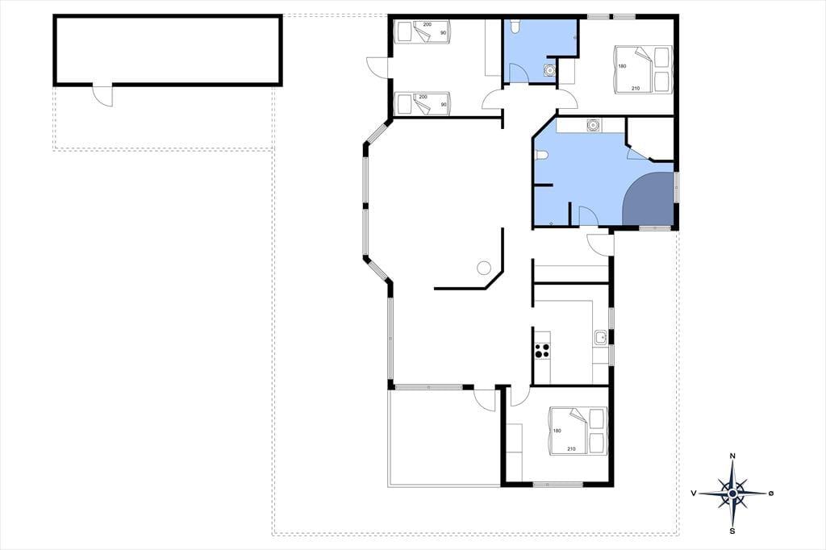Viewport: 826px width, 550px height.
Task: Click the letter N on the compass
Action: (x=732, y=456)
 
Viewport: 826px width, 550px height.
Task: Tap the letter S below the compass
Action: (x=732, y=531)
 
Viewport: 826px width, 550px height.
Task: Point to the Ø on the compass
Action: (x=770, y=493)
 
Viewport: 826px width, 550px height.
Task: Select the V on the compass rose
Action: (x=695, y=493)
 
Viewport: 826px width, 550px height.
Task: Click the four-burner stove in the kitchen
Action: (x=542, y=351)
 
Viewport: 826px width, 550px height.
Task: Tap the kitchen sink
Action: (x=601, y=338)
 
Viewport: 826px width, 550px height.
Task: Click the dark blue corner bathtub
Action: (x=648, y=198)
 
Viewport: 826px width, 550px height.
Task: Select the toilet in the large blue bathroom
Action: (x=541, y=154)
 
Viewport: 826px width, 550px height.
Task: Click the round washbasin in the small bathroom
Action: (x=549, y=69)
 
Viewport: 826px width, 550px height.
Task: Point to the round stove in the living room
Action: (x=484, y=268)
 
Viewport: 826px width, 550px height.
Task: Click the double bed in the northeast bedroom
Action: (x=643, y=69)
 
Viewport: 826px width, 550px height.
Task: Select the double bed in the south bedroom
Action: (x=578, y=431)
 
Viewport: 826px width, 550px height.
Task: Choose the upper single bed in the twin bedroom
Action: (x=421, y=31)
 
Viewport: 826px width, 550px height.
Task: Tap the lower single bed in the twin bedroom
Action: (x=421, y=103)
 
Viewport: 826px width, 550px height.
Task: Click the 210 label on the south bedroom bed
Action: (x=571, y=449)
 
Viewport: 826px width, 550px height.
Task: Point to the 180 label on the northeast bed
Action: (x=622, y=66)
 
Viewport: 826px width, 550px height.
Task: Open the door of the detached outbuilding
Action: (x=102, y=95)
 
